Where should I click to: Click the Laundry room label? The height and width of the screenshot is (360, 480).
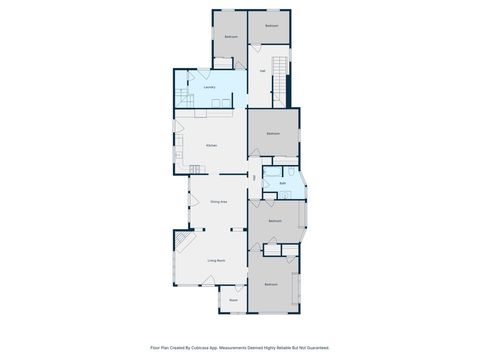(x=209, y=88)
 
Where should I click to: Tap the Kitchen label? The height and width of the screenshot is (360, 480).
(x=211, y=145)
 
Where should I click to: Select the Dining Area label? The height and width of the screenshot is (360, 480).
(x=218, y=202)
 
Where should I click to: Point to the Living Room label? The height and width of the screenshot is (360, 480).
(x=215, y=261)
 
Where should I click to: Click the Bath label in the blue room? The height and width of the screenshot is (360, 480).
(x=283, y=184)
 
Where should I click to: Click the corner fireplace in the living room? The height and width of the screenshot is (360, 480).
(x=181, y=241)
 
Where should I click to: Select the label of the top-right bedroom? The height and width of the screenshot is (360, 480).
(x=271, y=26)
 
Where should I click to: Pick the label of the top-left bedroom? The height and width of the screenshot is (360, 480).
(x=231, y=37)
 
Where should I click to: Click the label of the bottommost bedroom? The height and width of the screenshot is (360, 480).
(x=271, y=285)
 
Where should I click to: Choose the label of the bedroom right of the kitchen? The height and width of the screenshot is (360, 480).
(x=273, y=134)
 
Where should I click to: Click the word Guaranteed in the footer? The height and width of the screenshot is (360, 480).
(x=314, y=348)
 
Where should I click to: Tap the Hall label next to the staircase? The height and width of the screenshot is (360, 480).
(x=263, y=71)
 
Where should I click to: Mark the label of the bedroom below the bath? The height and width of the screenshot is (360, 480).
(x=275, y=221)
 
